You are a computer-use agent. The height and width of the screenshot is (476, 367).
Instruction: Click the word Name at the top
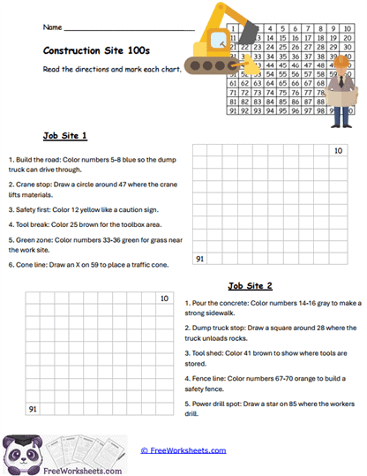(52, 27)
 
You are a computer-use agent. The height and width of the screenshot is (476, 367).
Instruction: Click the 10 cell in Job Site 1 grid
(337, 151)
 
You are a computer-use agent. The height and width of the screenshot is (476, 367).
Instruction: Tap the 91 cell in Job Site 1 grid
(200, 259)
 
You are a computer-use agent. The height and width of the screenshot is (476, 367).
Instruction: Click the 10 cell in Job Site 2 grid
(164, 299)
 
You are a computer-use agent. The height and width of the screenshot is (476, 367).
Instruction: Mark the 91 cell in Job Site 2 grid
(33, 409)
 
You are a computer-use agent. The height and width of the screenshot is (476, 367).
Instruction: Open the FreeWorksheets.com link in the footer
(183, 450)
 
